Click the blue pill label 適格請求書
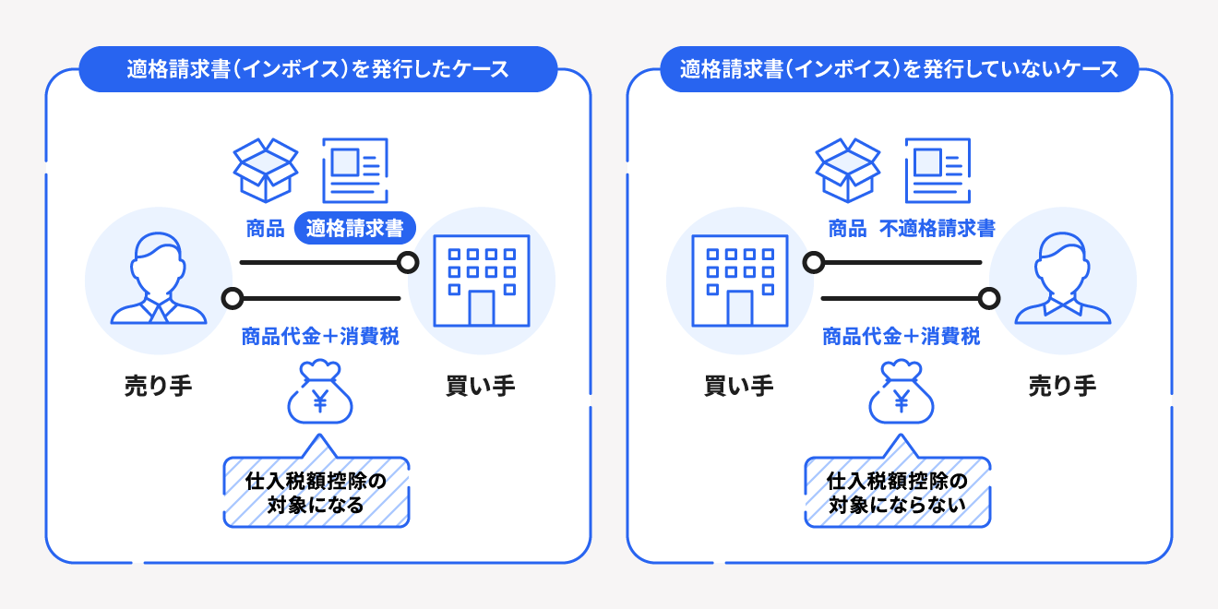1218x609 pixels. pos(355,228)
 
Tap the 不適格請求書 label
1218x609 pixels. pos(937,229)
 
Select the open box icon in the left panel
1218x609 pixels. pos(266,170)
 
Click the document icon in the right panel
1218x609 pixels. pos(937,170)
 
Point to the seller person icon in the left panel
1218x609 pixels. pos(158,279)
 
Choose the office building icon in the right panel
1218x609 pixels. pos(739,281)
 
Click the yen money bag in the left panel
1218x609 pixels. pos(319,391)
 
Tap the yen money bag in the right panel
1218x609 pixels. pos(901,391)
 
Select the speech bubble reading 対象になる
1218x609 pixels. pos(316,482)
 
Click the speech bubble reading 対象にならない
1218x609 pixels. pos(898,482)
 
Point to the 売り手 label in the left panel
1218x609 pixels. pos(158,386)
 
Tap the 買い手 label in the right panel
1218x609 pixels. pos(739,386)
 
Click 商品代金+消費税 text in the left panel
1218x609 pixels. pos(319,337)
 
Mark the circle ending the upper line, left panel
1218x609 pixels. pos(408,263)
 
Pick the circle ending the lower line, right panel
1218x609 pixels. pos(989,299)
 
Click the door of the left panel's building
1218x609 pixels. pos(482,308)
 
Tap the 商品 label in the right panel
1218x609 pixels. pos(847,229)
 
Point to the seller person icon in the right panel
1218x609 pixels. pos(1062,279)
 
